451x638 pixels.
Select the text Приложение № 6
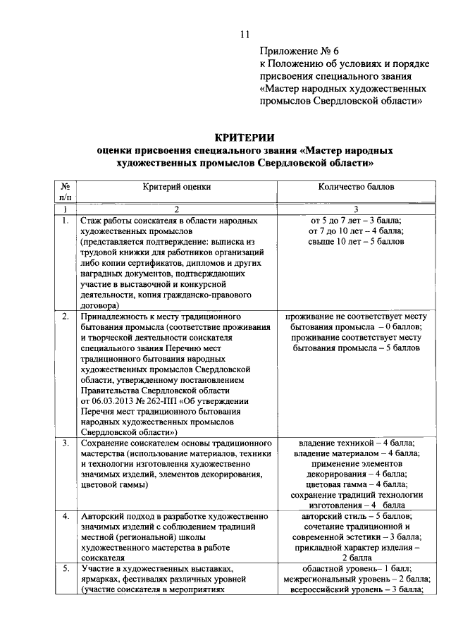(299, 52)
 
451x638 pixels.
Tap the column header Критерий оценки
(177, 188)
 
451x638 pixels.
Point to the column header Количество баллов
(357, 188)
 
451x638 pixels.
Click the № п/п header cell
(64, 192)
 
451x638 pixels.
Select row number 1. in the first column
(64, 221)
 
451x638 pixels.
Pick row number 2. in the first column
(64, 317)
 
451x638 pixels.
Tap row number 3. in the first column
(64, 443)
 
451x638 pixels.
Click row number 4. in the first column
(64, 516)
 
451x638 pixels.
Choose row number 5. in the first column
(64, 568)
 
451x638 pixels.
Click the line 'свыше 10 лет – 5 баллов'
(357, 242)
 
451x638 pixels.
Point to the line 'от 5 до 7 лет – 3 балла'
(357, 221)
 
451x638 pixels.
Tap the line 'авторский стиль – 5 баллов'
(357, 516)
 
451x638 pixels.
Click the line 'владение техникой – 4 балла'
(357, 443)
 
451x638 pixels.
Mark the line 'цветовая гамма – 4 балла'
(357, 485)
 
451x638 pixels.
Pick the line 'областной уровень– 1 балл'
(357, 568)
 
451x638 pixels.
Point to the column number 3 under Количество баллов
(357, 209)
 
